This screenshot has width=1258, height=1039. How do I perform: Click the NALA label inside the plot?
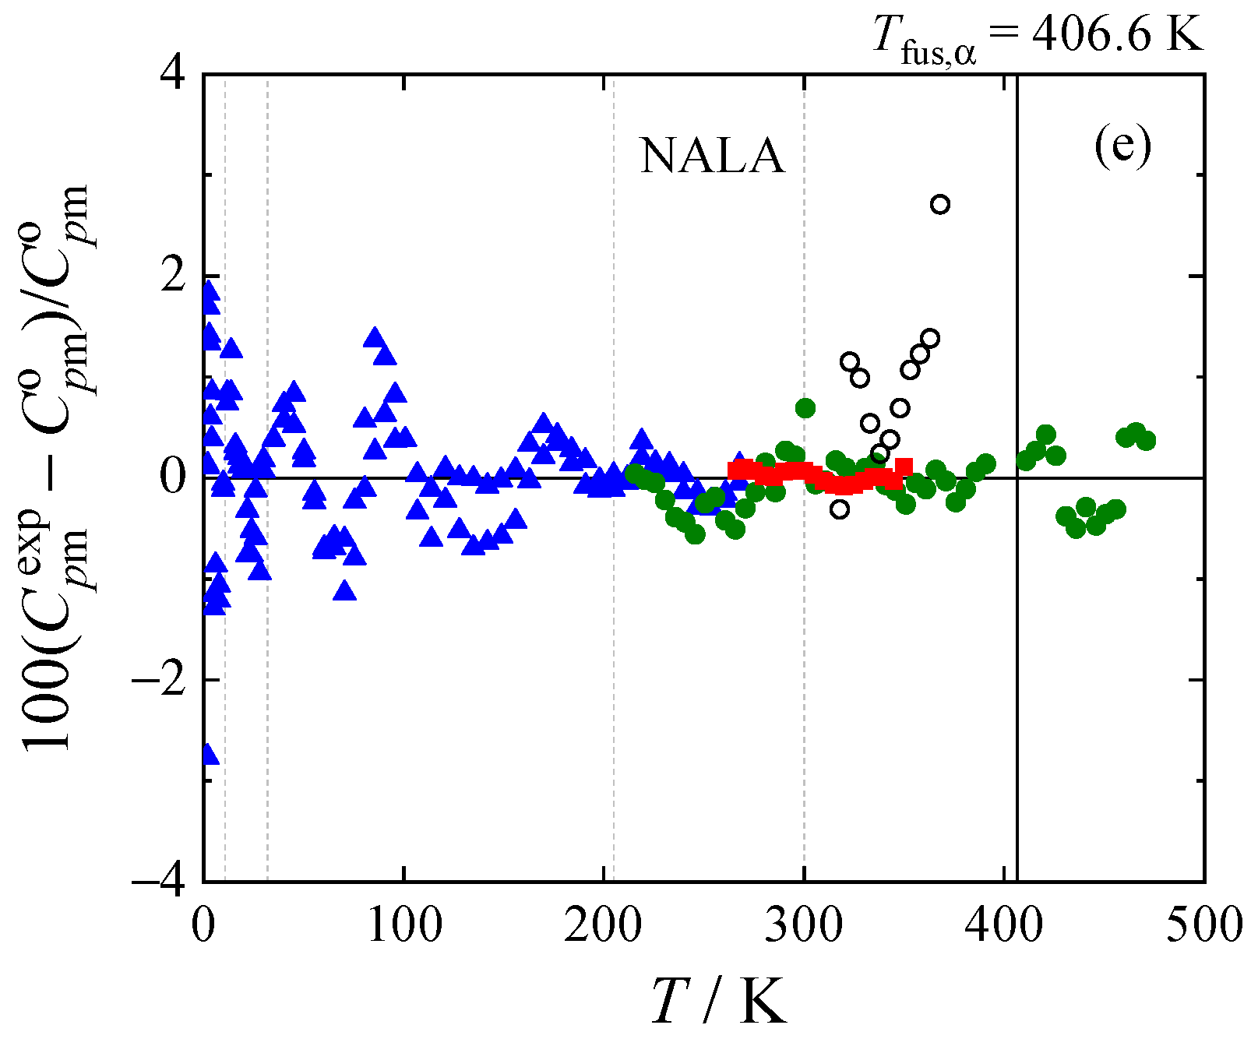tap(712, 156)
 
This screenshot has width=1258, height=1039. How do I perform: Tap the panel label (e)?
tap(1122, 146)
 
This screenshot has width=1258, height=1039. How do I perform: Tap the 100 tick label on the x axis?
tap(403, 925)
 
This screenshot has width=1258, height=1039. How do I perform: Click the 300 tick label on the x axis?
tap(804, 925)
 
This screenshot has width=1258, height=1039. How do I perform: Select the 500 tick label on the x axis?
tap(1203, 925)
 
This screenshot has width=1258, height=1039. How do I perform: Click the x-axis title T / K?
tap(718, 1001)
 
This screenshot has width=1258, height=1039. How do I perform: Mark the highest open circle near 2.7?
tap(940, 204)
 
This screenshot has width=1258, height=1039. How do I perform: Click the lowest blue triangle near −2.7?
tap(208, 754)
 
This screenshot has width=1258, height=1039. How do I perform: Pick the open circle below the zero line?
tap(840, 509)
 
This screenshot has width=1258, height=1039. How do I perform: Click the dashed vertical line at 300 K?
tap(805, 701)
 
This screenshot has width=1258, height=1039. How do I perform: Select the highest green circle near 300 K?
tap(805, 407)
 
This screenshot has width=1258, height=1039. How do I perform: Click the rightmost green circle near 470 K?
tap(1146, 441)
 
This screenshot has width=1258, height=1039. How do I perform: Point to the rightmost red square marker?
tap(904, 467)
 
